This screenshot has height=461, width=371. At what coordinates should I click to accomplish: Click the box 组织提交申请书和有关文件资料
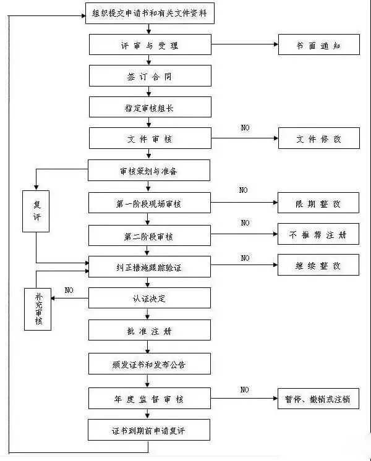(x=149, y=14)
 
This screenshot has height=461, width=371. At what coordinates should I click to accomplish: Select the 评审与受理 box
(x=150, y=44)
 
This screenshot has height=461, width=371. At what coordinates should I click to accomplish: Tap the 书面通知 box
(x=318, y=44)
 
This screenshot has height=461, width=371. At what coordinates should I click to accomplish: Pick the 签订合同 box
(x=150, y=75)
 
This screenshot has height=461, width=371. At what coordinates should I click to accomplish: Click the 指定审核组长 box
(x=150, y=107)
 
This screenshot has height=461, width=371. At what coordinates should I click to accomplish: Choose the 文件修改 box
(x=318, y=139)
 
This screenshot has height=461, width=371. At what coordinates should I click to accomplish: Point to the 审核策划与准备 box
(x=149, y=171)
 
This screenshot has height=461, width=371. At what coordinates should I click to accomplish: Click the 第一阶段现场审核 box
(x=150, y=203)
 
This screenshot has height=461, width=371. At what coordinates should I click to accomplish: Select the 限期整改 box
(x=318, y=203)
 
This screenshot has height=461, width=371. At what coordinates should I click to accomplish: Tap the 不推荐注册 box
(x=318, y=235)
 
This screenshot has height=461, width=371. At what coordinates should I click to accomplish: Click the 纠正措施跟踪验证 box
(x=150, y=266)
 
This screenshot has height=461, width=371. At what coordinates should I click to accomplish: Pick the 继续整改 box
(x=318, y=266)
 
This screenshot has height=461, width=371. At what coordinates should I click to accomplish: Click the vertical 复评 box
(x=36, y=211)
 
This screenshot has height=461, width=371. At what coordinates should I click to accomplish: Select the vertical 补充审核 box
(x=38, y=309)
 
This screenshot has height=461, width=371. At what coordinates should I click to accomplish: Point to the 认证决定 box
(x=150, y=298)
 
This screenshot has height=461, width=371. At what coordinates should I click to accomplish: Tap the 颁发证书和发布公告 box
(x=150, y=364)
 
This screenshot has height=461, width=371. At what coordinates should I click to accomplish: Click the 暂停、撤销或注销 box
(x=318, y=399)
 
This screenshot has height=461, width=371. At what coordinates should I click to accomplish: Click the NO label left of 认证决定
(x=69, y=290)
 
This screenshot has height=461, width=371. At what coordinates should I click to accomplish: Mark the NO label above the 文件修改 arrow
(x=245, y=128)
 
